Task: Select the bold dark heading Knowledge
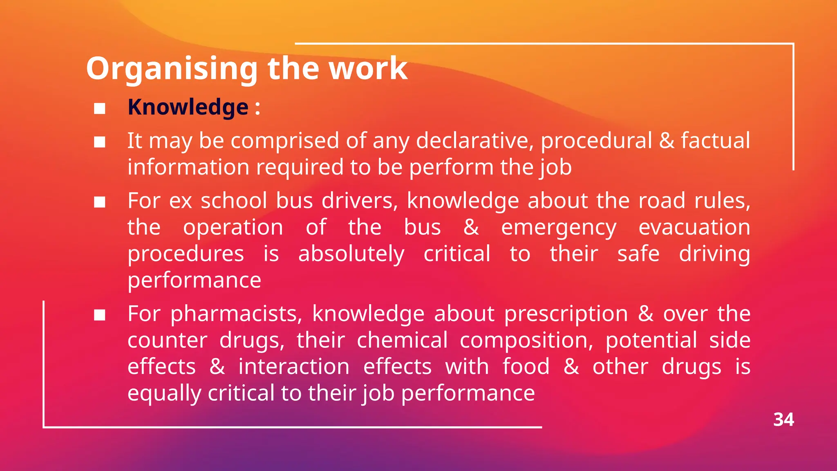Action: tap(188, 108)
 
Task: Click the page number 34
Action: tap(783, 420)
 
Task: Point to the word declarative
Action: tap(474, 141)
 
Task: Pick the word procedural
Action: tap(596, 141)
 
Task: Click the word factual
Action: tap(715, 141)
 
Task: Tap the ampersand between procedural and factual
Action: tap(667, 141)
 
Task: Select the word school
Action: tap(234, 201)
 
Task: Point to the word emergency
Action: tap(559, 228)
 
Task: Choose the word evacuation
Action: tap(694, 227)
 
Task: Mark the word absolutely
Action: tap(351, 254)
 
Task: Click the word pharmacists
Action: tap(236, 314)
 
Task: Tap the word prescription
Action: tap(566, 314)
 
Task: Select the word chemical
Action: tap(402, 340)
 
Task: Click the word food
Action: tap(526, 366)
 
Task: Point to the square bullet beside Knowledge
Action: tap(100, 108)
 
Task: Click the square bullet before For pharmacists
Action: tap(100, 315)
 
